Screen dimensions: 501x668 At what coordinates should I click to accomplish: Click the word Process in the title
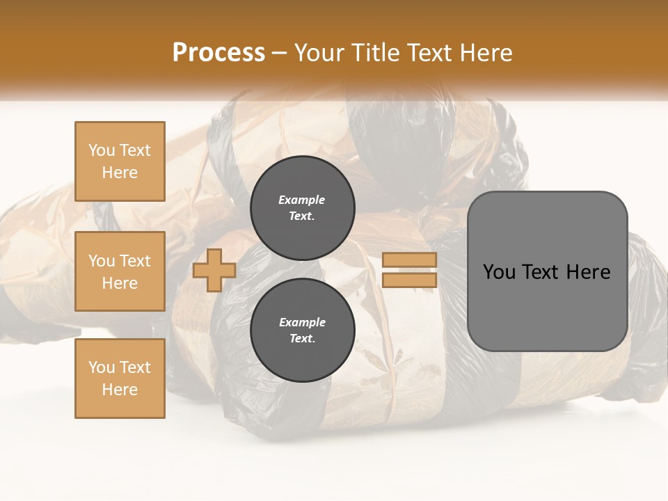pyautogui.click(x=218, y=53)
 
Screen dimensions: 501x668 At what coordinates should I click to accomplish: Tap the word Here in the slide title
pyautogui.click(x=486, y=53)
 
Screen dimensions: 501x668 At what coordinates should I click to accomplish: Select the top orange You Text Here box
pyautogui.click(x=120, y=161)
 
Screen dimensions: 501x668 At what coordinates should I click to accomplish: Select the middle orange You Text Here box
pyautogui.click(x=120, y=271)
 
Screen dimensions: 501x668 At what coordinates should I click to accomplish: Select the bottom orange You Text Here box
pyautogui.click(x=120, y=379)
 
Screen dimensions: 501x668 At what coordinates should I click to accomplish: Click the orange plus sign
pyautogui.click(x=214, y=270)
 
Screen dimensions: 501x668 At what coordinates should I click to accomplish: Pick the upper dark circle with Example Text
pyautogui.click(x=302, y=208)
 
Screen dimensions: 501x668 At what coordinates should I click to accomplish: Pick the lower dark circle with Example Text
pyautogui.click(x=302, y=331)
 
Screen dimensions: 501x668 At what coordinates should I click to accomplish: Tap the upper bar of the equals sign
pyautogui.click(x=409, y=260)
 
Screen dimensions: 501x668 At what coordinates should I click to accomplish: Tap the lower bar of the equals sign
pyautogui.click(x=409, y=280)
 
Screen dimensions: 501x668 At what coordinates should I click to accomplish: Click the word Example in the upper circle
pyautogui.click(x=301, y=200)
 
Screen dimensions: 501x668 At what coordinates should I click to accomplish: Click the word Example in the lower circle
pyautogui.click(x=301, y=323)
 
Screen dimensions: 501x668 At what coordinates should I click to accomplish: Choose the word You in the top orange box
pyautogui.click(x=101, y=150)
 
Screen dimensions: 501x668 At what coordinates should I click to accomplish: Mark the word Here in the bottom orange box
pyautogui.click(x=120, y=390)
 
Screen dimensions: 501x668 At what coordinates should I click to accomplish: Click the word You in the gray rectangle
pyautogui.click(x=498, y=272)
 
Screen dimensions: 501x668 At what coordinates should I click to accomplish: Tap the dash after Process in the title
pyautogui.click(x=280, y=53)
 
